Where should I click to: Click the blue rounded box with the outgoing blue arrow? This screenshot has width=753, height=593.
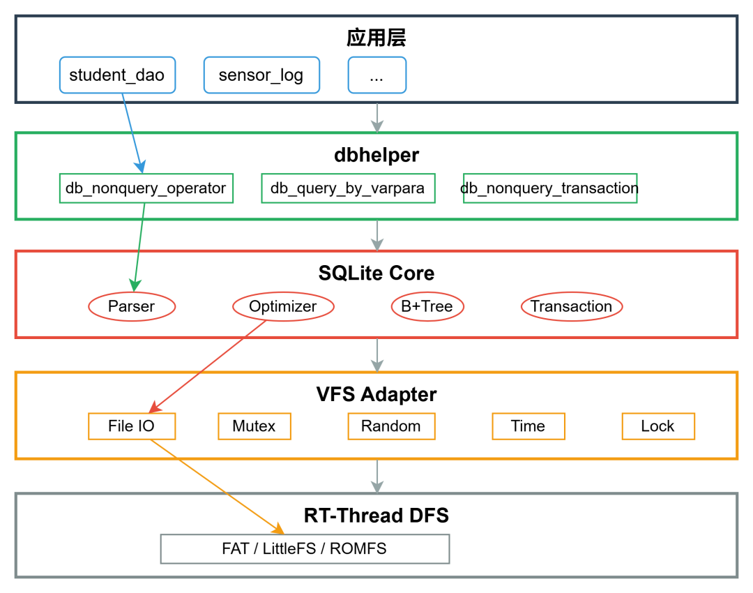point(117,75)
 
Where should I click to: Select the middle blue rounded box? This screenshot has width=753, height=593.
point(261,75)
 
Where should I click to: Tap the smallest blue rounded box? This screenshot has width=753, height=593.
point(377,75)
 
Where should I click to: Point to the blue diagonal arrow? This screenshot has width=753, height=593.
point(132,133)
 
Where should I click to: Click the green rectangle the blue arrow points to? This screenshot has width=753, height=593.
point(146,188)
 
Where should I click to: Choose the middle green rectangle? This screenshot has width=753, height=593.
point(348,188)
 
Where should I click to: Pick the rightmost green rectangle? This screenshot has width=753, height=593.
point(550,188)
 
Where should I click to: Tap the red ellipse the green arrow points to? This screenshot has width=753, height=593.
point(132,306)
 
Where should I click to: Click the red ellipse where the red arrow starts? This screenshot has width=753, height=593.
point(283,306)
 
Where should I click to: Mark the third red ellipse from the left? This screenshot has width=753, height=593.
point(427,306)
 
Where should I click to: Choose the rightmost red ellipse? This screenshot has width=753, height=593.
point(572,306)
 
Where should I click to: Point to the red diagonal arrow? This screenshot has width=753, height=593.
point(208,366)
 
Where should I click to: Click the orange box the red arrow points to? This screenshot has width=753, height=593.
point(132,426)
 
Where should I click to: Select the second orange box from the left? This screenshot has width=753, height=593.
point(254,426)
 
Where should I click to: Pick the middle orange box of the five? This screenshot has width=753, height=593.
point(391,426)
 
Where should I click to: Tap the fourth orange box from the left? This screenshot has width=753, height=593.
point(528,426)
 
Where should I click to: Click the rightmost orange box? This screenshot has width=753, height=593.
point(658,426)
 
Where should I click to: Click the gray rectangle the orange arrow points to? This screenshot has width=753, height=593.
point(305,549)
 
